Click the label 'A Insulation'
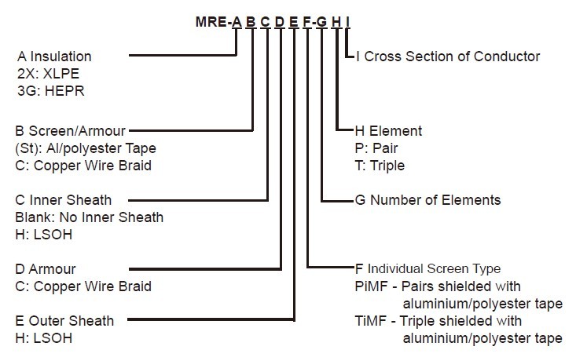[x=54, y=57]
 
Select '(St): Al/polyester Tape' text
[x=86, y=148]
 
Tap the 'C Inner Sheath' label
[x=64, y=199]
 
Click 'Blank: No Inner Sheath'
[x=90, y=217]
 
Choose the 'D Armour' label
[x=46, y=268]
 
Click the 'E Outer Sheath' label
[x=64, y=320]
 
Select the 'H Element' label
[x=388, y=131]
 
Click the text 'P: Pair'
[x=377, y=148]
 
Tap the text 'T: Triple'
[x=381, y=166]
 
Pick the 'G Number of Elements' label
[x=427, y=199]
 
